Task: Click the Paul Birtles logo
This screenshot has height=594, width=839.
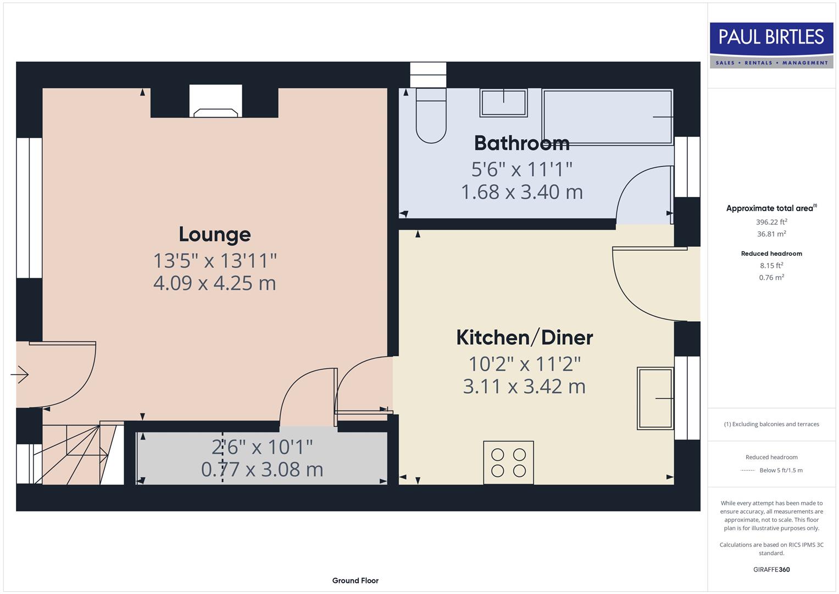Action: pyautogui.click(x=771, y=45)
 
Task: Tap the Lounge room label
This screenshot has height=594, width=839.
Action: pyautogui.click(x=215, y=234)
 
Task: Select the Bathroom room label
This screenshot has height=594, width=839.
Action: pyautogui.click(x=521, y=143)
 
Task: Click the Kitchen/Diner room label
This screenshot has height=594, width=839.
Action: pyautogui.click(x=524, y=337)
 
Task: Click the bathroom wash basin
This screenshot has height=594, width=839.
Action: pyautogui.click(x=503, y=103)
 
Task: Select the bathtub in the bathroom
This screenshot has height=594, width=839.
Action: pyautogui.click(x=607, y=117)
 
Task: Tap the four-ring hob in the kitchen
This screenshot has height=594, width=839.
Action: pyautogui.click(x=508, y=463)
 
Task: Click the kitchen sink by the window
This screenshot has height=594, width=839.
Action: pyautogui.click(x=655, y=398)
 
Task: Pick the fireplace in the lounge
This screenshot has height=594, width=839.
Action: pyautogui.click(x=215, y=102)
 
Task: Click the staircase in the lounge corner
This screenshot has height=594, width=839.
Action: pyautogui.click(x=77, y=453)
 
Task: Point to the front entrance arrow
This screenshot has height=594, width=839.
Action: pyautogui.click(x=20, y=375)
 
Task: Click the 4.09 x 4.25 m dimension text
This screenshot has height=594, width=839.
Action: pyautogui.click(x=215, y=283)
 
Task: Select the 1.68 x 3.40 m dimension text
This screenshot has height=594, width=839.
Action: pyautogui.click(x=521, y=192)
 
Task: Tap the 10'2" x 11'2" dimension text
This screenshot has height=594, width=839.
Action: pyautogui.click(x=524, y=364)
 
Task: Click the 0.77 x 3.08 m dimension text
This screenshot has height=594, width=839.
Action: pyautogui.click(x=262, y=470)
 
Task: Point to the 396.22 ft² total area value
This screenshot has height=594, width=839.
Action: pyautogui.click(x=771, y=222)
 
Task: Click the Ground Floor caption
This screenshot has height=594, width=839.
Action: pyautogui.click(x=355, y=580)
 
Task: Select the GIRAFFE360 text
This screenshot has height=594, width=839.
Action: pyautogui.click(x=771, y=569)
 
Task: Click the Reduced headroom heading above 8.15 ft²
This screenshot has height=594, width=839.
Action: pyautogui.click(x=771, y=254)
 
